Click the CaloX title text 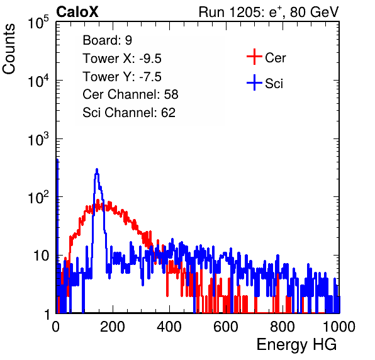77,12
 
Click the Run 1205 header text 269,12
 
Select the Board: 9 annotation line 107,40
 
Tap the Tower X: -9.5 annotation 122,59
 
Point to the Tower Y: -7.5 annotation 122,77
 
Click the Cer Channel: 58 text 130,94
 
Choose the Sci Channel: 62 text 129,113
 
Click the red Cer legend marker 254,57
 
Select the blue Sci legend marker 254,83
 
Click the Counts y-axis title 9,49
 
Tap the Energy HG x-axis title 296,345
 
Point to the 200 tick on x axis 113,327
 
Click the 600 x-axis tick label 226,327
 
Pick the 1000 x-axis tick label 339,327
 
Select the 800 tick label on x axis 283,327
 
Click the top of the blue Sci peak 97,169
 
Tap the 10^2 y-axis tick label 38,197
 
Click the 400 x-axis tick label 169,327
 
